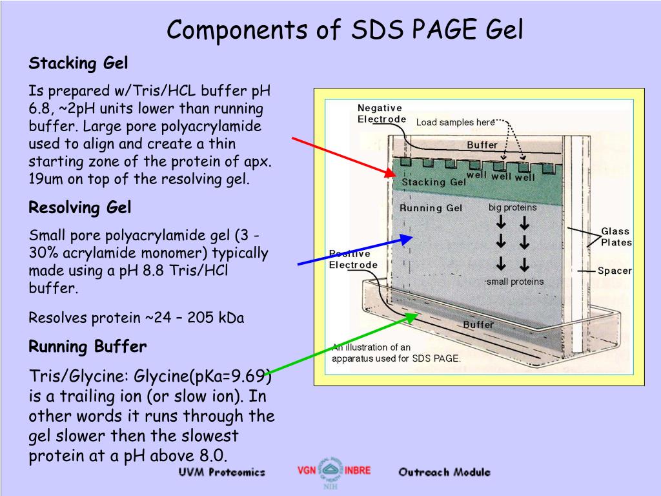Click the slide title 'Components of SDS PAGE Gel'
pyautogui.click(x=345, y=30)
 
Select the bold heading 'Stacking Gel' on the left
pyautogui.click(x=79, y=63)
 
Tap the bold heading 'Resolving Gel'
pyautogui.click(x=80, y=207)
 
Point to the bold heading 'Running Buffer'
pyautogui.click(x=88, y=347)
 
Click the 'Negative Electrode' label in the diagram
pyautogui.click(x=381, y=113)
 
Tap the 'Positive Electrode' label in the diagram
pyautogui.click(x=353, y=259)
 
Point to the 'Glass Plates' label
pyautogui.click(x=616, y=236)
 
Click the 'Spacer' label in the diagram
pyautogui.click(x=614, y=271)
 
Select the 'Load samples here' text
pyautogui.click(x=455, y=123)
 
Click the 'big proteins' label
pyautogui.click(x=512, y=208)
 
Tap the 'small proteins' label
pyautogui.click(x=514, y=282)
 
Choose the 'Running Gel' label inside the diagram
pyautogui.click(x=431, y=208)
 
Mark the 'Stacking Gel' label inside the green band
pyautogui.click(x=433, y=182)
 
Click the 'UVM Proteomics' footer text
pyautogui.click(x=221, y=472)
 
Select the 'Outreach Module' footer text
pyautogui.click(x=444, y=472)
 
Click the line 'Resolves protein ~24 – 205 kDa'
pyautogui.click(x=136, y=318)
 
